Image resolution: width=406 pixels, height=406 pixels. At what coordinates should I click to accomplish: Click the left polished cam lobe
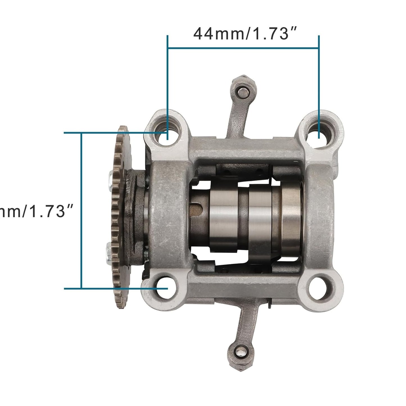pyautogui.click(x=223, y=214)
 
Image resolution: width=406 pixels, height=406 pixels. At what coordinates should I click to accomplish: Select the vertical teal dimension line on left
pyautogui.click(x=81, y=211)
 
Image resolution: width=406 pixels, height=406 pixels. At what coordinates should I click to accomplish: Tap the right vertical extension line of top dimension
pyautogui.click(x=319, y=84)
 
